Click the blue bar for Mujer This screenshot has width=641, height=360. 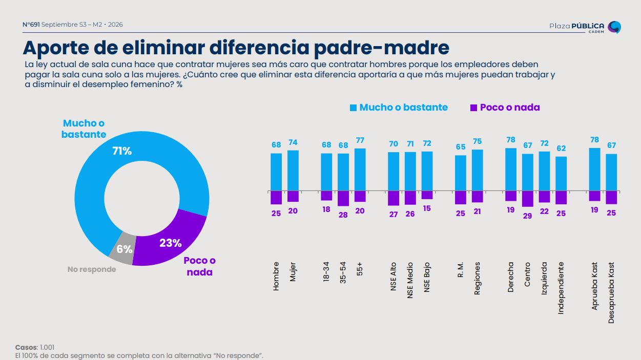[x=293, y=171]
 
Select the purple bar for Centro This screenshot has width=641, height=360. [x=527, y=199]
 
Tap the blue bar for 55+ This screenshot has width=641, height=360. [x=360, y=170]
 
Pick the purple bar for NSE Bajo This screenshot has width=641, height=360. [x=427, y=195]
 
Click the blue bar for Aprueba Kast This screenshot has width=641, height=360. [x=594, y=170]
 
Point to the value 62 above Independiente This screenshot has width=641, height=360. [x=561, y=149]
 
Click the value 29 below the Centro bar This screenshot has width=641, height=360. [x=527, y=216]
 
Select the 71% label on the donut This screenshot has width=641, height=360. [x=122, y=151]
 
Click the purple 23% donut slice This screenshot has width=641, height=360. [x=172, y=240]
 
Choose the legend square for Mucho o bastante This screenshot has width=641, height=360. [x=353, y=108]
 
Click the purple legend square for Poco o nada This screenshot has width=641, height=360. [x=473, y=108]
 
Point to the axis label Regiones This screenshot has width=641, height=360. [x=477, y=278]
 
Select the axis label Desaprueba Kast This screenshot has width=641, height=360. [x=611, y=293]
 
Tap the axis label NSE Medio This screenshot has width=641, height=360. [x=410, y=280]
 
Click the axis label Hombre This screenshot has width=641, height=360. [x=276, y=276]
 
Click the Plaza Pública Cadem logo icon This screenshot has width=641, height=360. [x=614, y=27]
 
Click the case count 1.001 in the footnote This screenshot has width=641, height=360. [x=47, y=347]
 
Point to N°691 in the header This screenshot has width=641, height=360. [x=31, y=25]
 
